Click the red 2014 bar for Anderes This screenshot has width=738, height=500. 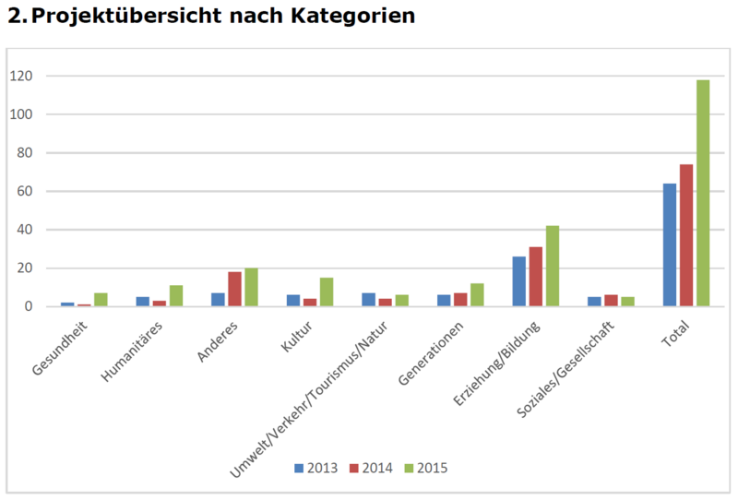pyautogui.click(x=234, y=289)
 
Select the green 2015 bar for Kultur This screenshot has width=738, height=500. pyautogui.click(x=327, y=292)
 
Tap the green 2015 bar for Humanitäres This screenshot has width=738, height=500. pyautogui.click(x=176, y=295)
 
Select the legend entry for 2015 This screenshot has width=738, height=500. pyautogui.click(x=427, y=469)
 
